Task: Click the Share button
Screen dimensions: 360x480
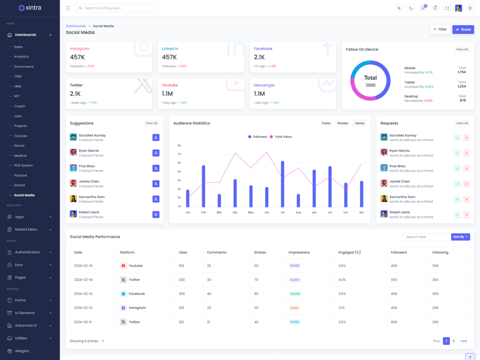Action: (x=463, y=29)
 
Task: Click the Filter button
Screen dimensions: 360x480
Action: (x=440, y=29)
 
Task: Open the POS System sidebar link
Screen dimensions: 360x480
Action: (x=23, y=165)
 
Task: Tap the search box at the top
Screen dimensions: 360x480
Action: (x=116, y=8)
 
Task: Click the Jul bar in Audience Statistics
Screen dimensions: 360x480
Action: (x=283, y=184)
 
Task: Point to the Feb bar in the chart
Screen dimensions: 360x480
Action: (x=203, y=187)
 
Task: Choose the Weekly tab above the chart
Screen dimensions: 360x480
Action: (x=343, y=123)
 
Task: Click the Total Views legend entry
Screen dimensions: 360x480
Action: (x=281, y=137)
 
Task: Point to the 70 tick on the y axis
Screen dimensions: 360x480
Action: (x=179, y=154)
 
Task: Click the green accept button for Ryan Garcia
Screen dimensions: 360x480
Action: (x=457, y=153)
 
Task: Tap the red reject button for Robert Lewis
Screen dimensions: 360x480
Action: (x=466, y=214)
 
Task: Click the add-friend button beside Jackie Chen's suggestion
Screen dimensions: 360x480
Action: (x=155, y=184)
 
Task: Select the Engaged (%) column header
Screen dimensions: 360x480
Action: (x=350, y=252)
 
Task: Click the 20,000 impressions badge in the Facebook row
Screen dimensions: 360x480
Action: (x=295, y=294)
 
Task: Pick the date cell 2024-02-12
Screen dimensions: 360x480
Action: (x=83, y=308)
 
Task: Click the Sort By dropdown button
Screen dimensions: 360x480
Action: (x=460, y=237)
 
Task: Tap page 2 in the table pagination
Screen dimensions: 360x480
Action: (x=454, y=341)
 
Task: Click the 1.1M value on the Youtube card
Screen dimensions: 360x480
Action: (x=167, y=94)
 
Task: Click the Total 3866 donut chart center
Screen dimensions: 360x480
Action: (x=370, y=81)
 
